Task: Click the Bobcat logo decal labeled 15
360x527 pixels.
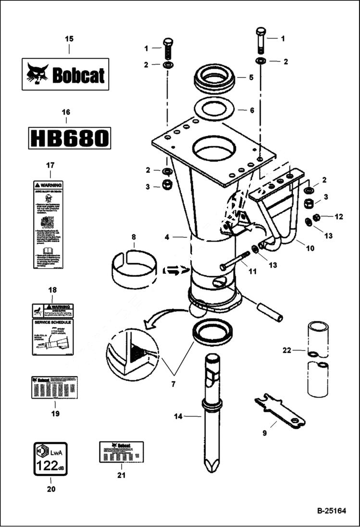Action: (x=65, y=74)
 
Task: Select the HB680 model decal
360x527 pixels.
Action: (x=69, y=138)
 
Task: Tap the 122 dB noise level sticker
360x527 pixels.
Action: (x=51, y=459)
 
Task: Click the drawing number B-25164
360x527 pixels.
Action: (x=331, y=511)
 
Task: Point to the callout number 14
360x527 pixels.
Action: (x=178, y=417)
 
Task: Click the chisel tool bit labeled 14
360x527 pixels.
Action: (x=212, y=413)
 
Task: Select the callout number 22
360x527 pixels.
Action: (x=287, y=350)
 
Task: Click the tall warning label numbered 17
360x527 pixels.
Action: (x=48, y=224)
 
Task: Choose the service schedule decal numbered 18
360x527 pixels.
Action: (x=52, y=329)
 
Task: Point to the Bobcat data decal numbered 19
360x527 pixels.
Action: (x=54, y=387)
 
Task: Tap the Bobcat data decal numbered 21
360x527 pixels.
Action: (x=121, y=452)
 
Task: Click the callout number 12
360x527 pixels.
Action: (x=339, y=217)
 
